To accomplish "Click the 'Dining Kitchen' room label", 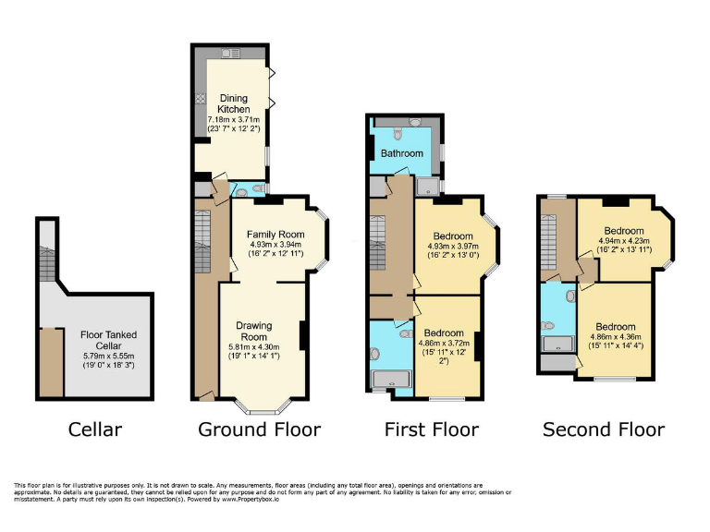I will tap(234, 103).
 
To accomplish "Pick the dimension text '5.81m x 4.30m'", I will tap(253, 347).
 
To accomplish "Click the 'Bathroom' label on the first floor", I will tap(402, 153).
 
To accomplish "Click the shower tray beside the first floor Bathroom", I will tap(426, 187).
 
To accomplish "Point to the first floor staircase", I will tap(377, 242).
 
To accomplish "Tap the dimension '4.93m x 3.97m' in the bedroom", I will tap(453, 248).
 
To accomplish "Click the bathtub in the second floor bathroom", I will tap(557, 345).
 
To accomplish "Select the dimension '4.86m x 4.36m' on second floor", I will tap(616, 338).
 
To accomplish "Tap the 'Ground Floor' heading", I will tap(260, 429).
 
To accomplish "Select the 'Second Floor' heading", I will tap(603, 429).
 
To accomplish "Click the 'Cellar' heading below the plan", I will tap(95, 429).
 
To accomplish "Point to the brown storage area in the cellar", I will tap(51, 361).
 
